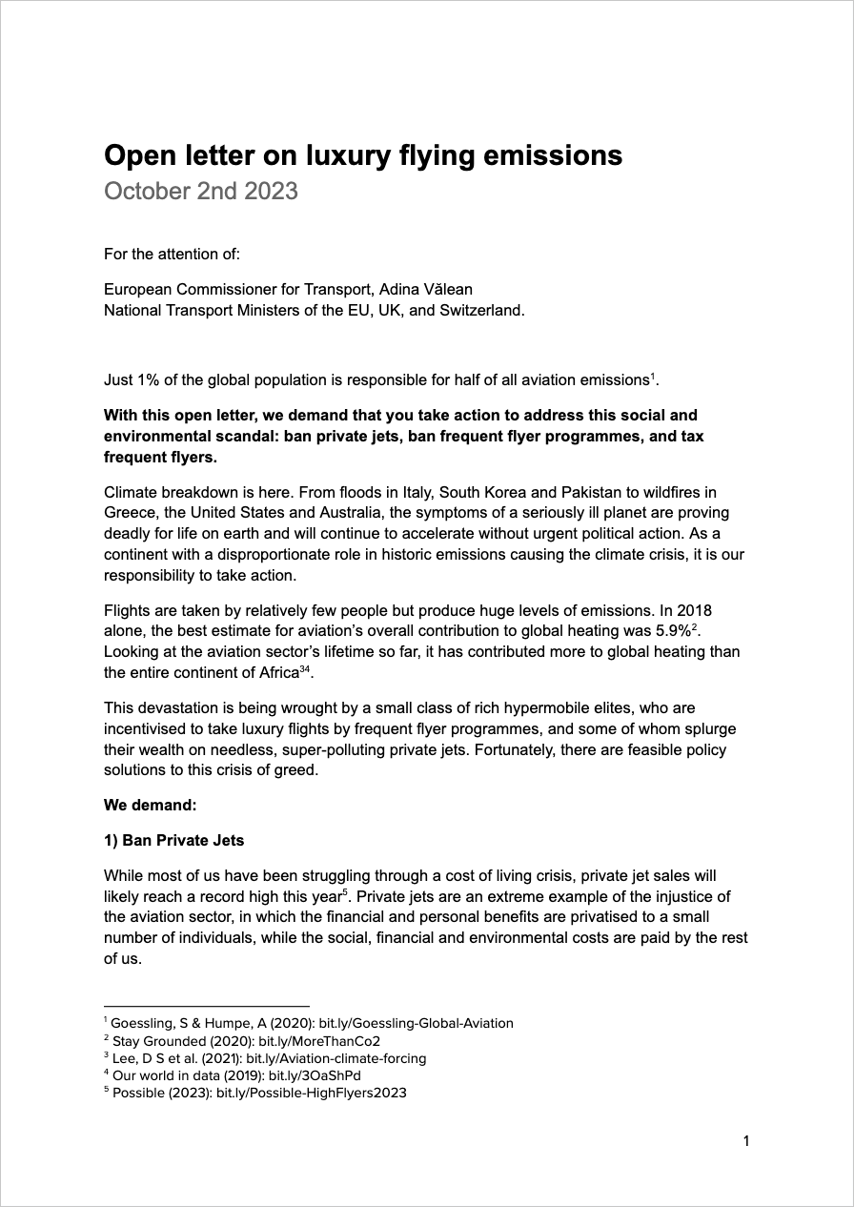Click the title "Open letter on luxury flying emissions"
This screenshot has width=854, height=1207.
coord(362,154)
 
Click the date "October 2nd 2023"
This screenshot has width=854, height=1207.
coord(200,191)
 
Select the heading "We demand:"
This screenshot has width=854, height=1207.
coord(150,805)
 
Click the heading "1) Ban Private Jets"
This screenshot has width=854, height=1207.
coord(173,840)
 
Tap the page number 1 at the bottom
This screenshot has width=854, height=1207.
coord(746,1140)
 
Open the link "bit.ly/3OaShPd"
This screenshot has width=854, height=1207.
coord(303,1075)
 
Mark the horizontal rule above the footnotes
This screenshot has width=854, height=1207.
coord(207,1006)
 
